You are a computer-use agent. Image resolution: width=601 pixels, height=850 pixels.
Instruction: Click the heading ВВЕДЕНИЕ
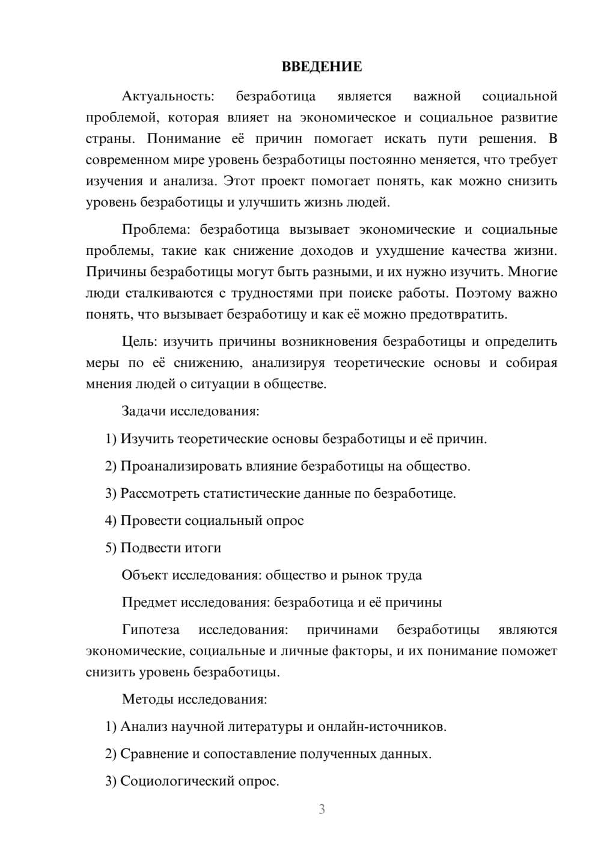click(322, 67)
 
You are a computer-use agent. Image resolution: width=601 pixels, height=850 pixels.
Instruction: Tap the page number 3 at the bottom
click(322, 809)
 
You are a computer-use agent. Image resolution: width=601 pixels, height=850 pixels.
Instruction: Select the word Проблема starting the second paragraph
click(157, 230)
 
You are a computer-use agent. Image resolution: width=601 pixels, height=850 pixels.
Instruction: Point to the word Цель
click(139, 341)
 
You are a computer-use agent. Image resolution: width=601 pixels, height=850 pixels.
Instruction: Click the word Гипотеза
click(150, 629)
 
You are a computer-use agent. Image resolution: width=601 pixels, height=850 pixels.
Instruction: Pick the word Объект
click(145, 575)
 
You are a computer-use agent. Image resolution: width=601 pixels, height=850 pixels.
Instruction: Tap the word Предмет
click(150, 602)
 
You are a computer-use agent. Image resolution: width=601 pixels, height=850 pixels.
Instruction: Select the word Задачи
click(144, 411)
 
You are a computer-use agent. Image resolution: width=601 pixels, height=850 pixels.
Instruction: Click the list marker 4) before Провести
click(111, 521)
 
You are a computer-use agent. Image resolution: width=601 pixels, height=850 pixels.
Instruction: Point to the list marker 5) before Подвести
click(111, 548)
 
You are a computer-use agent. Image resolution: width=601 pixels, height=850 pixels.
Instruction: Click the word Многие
click(532, 272)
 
